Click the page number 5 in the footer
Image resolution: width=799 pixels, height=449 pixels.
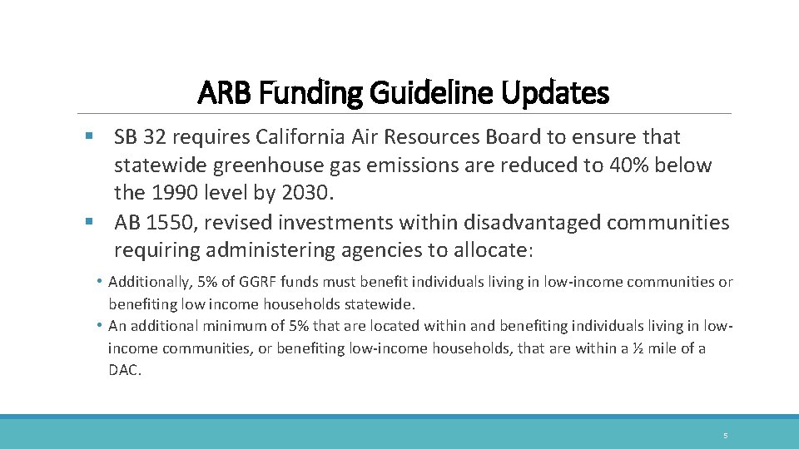(725, 436)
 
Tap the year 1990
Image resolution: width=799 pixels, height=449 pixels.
(171, 194)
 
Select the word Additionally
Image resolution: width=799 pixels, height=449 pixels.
(148, 283)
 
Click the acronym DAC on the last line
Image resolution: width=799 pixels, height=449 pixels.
(125, 371)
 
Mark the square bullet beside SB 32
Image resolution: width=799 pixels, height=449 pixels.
(89, 137)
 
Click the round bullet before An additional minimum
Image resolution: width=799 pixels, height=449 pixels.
(99, 326)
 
